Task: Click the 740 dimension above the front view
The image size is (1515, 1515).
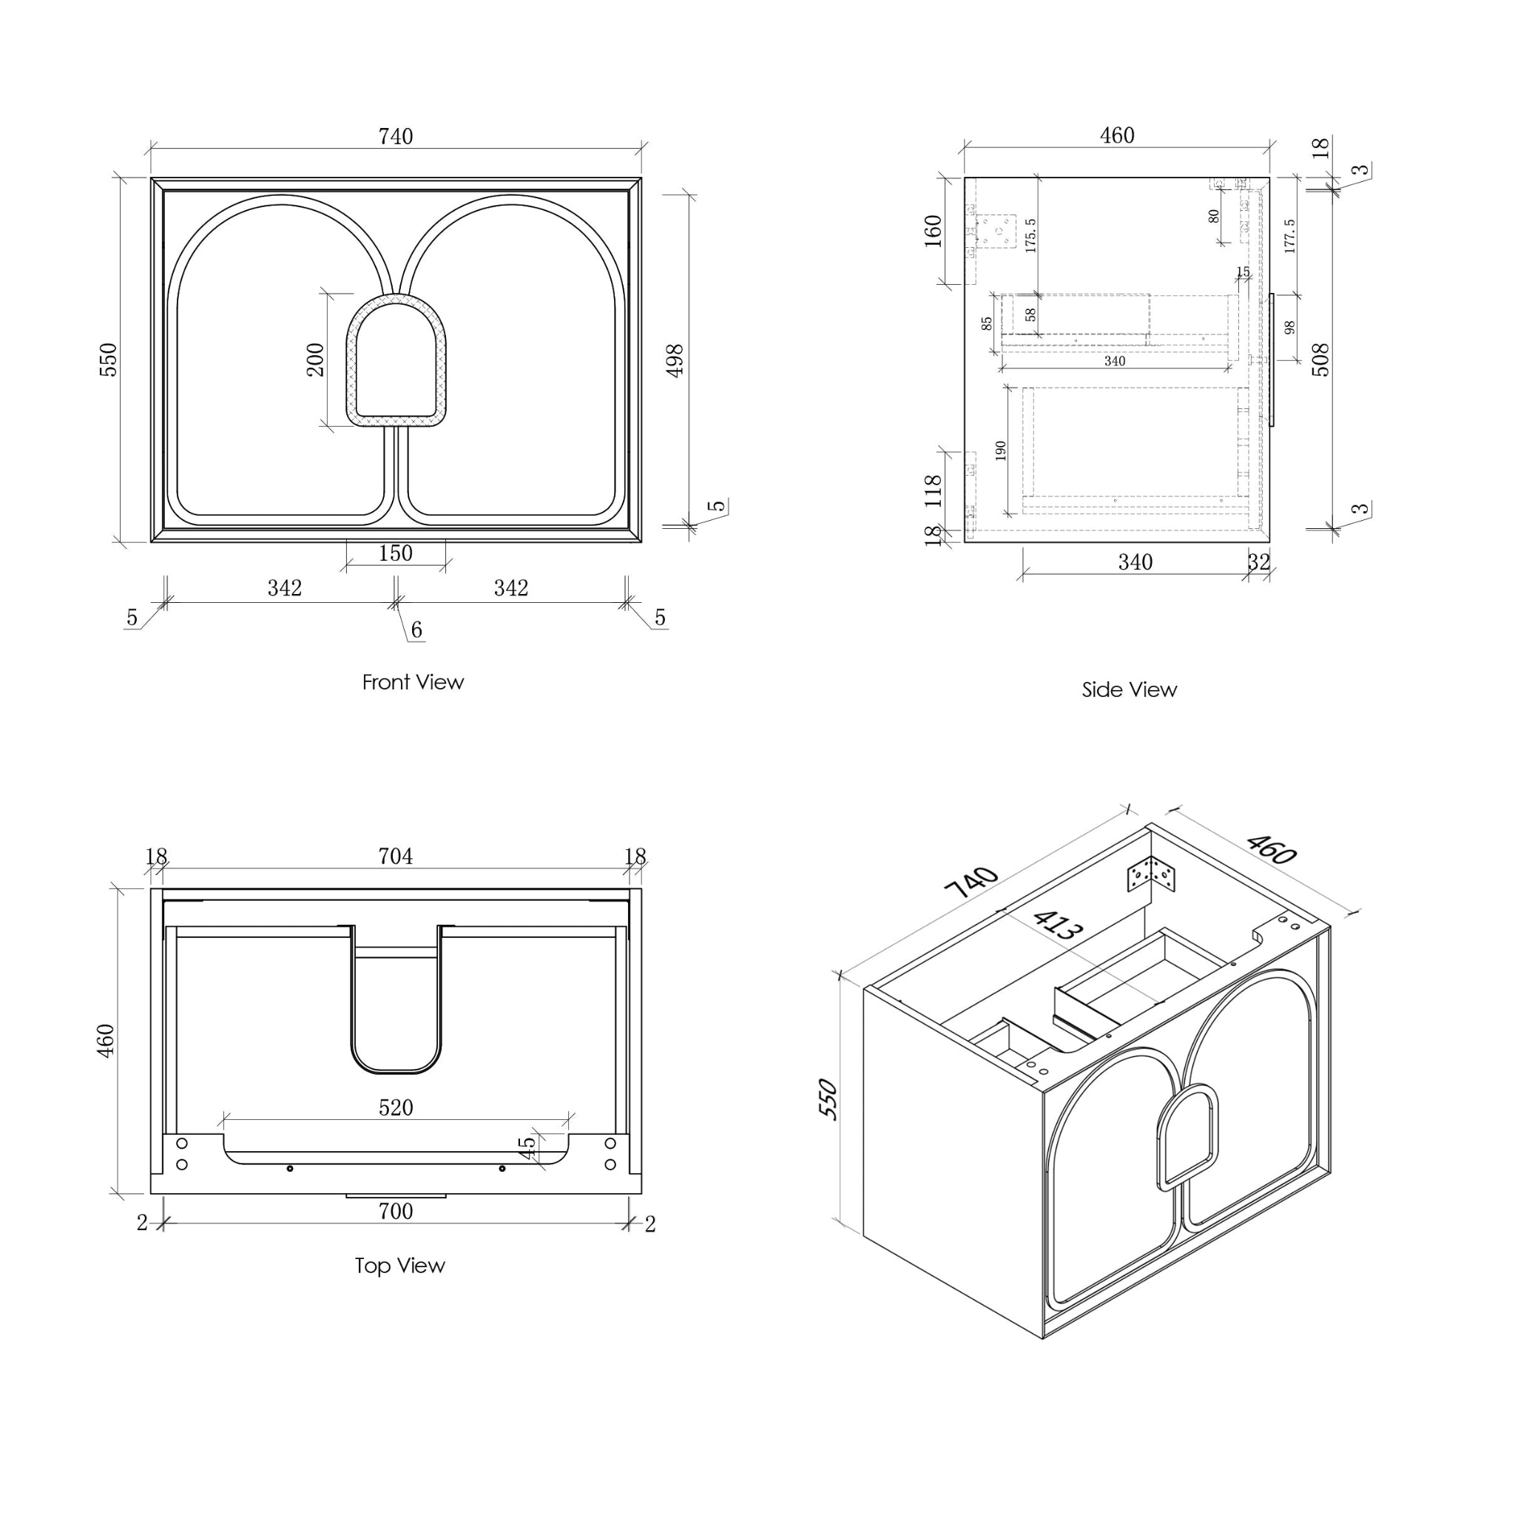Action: [395, 136]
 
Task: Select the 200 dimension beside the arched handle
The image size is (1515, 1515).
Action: [315, 360]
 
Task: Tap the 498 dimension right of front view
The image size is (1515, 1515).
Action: [675, 360]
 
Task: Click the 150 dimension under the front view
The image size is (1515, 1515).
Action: [395, 553]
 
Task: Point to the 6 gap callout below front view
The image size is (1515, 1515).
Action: [416, 630]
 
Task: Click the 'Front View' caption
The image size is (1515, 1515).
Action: [413, 682]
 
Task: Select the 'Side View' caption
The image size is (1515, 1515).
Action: [1129, 690]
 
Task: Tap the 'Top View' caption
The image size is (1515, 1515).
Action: [399, 1266]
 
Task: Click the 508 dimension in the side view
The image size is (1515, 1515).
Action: [1320, 360]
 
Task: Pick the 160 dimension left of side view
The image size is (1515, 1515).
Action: [933, 231]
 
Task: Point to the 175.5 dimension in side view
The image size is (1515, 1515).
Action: [1031, 235]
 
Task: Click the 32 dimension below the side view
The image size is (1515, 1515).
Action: [1258, 562]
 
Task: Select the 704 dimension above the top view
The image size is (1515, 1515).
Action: [395, 857]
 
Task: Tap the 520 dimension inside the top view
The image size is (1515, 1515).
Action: [395, 1107]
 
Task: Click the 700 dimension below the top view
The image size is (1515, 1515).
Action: [395, 1212]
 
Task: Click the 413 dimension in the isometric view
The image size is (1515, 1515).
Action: [1058, 925]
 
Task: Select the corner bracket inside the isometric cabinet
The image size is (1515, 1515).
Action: [1151, 874]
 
